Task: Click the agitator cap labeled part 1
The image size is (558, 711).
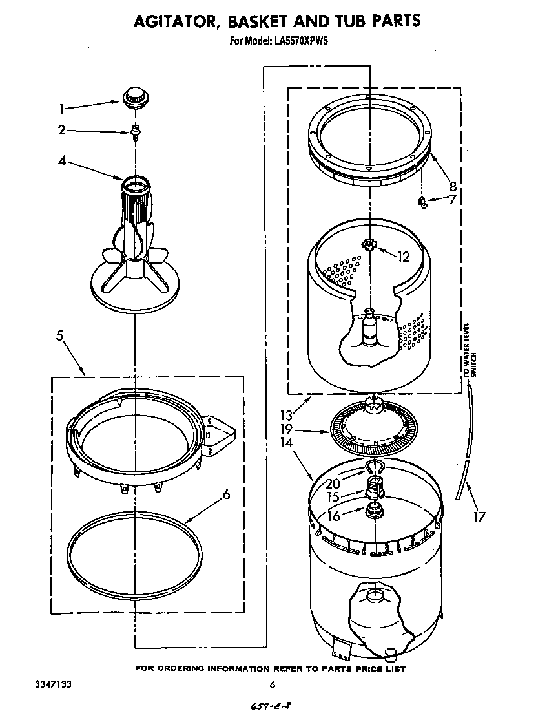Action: [x=134, y=97]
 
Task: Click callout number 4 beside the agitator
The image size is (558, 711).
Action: [x=62, y=161]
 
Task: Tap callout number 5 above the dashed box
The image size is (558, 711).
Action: [x=59, y=335]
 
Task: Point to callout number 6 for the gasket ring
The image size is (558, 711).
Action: [x=225, y=495]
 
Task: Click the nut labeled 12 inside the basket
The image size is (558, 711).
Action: [x=369, y=244]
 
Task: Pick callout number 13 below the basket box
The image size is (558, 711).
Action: [x=286, y=416]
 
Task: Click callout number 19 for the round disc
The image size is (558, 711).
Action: [x=286, y=429]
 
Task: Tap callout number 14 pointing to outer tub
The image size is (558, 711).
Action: [x=286, y=443]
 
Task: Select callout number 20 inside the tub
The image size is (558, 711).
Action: [x=333, y=483]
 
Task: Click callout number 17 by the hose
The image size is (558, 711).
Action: [x=479, y=516]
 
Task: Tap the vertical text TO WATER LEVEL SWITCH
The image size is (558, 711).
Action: [x=470, y=350]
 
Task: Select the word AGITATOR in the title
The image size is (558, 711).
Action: [x=174, y=21]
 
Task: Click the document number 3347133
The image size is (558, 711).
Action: [x=41, y=684]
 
